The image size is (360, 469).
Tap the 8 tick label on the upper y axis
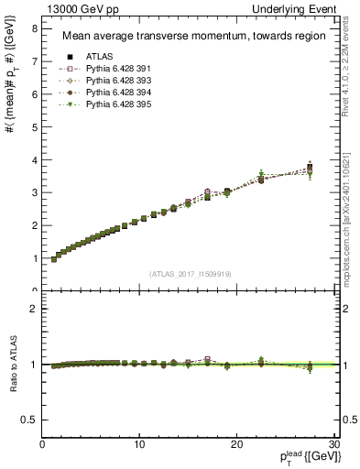click(x=34, y=28)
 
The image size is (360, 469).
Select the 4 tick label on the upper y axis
click(x=34, y=160)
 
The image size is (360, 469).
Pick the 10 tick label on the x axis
click(x=139, y=445)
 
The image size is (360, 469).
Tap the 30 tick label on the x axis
click(x=333, y=445)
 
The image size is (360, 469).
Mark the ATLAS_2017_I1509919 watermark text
click(x=189, y=273)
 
